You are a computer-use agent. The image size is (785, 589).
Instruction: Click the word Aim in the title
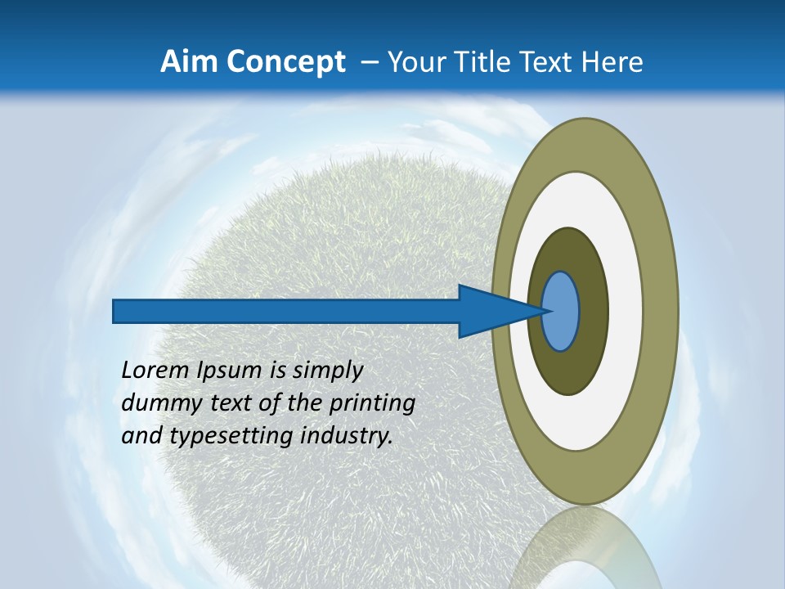point(190,62)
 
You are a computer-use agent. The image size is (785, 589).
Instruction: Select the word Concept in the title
point(285,62)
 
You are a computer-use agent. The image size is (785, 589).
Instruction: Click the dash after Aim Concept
point(369,62)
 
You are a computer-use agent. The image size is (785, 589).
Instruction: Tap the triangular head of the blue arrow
point(491,312)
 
